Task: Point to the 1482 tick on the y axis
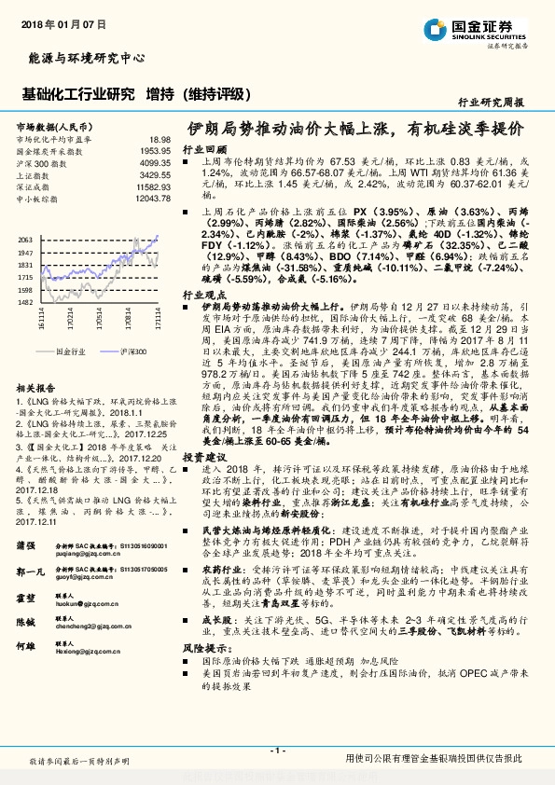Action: [25, 302]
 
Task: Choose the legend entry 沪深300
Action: [133, 352]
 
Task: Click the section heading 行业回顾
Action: [204, 149]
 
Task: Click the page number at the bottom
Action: [277, 750]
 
